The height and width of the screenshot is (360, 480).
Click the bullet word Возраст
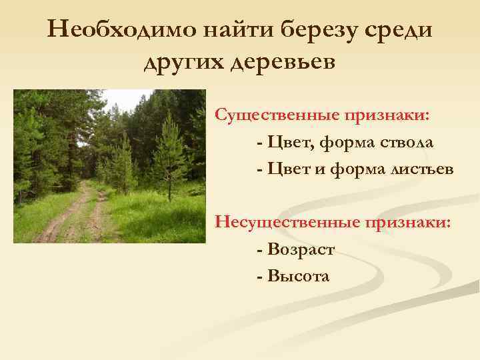[x=299, y=249]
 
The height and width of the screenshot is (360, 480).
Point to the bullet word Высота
[x=297, y=275]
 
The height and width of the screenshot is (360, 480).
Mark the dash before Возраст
[x=259, y=249]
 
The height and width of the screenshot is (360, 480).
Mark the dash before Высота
[x=259, y=276]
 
